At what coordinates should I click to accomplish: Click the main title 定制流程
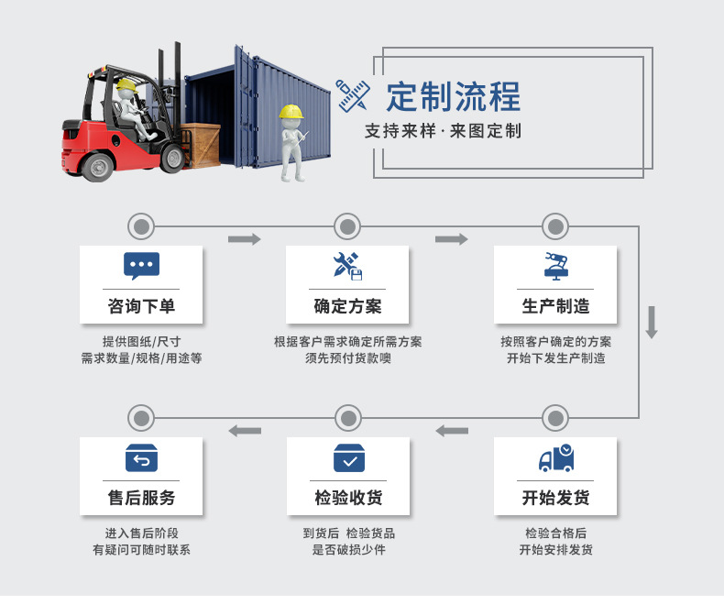pyautogui.click(x=454, y=96)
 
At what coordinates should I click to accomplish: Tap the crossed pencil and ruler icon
pyautogui.click(x=353, y=95)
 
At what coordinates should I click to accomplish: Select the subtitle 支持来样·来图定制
pyautogui.click(x=443, y=131)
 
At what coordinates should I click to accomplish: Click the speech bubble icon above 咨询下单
pyautogui.click(x=141, y=266)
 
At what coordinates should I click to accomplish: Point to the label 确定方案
pyautogui.click(x=347, y=306)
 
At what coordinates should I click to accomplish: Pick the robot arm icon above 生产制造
pyautogui.click(x=556, y=267)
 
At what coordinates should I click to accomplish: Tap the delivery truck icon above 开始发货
pyautogui.click(x=556, y=457)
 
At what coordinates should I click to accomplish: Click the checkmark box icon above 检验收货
pyautogui.click(x=349, y=458)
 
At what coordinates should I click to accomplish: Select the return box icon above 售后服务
pyautogui.click(x=141, y=458)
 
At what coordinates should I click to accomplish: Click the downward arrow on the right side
pyautogui.click(x=652, y=323)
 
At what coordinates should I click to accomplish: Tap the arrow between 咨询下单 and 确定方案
pyautogui.click(x=245, y=239)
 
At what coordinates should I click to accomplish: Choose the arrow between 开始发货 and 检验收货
pyautogui.click(x=452, y=431)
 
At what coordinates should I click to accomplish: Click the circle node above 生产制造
pyautogui.click(x=555, y=226)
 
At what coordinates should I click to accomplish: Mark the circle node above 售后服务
pyautogui.click(x=141, y=418)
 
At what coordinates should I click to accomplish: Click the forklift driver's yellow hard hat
pyautogui.click(x=126, y=85)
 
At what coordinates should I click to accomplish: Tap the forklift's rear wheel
pyautogui.click(x=97, y=166)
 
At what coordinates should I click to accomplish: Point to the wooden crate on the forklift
pyautogui.click(x=200, y=145)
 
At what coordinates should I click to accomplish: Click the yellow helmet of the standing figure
pyautogui.click(x=291, y=111)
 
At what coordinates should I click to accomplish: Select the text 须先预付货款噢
pyautogui.click(x=348, y=358)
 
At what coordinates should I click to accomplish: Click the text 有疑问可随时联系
pyautogui.click(x=141, y=550)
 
